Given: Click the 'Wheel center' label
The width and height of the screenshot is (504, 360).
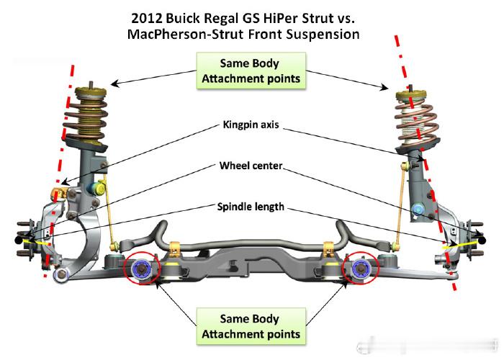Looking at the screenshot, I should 251,166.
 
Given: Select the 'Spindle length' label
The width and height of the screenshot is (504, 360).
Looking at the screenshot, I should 251,207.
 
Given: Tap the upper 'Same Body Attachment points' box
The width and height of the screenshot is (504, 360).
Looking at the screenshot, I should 251,71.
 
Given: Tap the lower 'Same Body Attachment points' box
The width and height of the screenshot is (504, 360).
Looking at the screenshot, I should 251,326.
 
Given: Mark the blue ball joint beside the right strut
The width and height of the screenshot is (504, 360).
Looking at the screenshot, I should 417,210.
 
